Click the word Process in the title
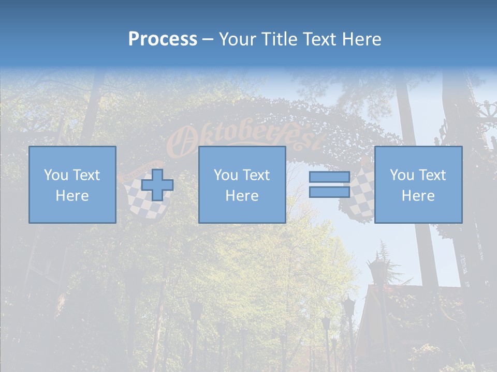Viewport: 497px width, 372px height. [x=163, y=39]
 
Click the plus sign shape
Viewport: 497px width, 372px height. [x=157, y=185]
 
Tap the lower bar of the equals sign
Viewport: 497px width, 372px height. [x=329, y=192]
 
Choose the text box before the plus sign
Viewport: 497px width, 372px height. [x=72, y=184]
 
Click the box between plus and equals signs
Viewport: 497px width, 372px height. [x=242, y=184]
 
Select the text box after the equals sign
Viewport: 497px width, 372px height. [x=418, y=184]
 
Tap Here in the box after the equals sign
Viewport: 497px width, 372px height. [x=418, y=196]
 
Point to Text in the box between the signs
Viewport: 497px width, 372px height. [x=256, y=175]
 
